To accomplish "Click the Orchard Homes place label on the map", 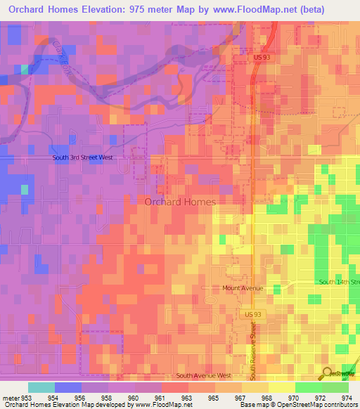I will coord(180,202).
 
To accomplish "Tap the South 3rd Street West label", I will coord(82,157).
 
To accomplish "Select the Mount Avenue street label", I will coord(243,288).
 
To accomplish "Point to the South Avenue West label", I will coord(204,376).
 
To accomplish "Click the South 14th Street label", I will coord(339,282).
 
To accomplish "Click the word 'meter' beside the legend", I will coord(10,397).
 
